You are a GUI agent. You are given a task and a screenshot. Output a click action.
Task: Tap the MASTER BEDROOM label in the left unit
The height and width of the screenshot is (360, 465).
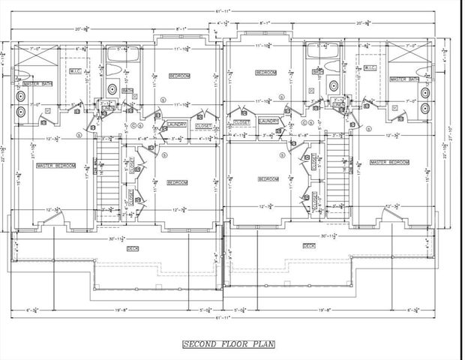pos(55,165)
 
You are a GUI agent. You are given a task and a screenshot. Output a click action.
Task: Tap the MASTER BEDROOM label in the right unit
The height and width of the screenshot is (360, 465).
pos(390,162)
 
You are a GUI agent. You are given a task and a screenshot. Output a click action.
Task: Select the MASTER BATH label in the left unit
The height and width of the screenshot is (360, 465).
pos(36,84)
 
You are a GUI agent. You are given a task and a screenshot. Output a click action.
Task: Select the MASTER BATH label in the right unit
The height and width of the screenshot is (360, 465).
pos(403,79)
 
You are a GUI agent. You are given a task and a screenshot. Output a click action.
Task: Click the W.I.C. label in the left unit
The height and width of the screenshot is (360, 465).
pos(76,72)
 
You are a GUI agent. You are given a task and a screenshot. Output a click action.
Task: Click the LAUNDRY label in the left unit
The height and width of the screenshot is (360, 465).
pos(177,124)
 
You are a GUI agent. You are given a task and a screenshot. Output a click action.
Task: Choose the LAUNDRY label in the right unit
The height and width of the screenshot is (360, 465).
pos(268,121)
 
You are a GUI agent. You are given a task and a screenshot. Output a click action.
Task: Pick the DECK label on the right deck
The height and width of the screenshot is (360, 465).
pos(308,245)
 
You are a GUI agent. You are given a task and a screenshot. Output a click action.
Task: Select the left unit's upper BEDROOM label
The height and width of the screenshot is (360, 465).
pos(178,76)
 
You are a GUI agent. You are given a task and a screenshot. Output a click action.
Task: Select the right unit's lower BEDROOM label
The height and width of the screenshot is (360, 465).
pos(268,178)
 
